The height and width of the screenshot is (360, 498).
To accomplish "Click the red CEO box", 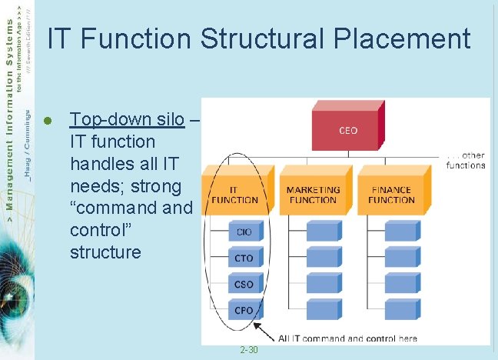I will click(x=347, y=129).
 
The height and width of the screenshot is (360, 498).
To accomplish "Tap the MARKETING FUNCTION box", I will click(x=313, y=192).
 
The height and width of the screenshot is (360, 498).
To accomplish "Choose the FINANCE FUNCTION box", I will click(x=390, y=192).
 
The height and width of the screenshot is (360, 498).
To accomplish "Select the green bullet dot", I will click(x=48, y=121).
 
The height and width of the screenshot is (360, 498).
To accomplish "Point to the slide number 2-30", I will click(x=248, y=350).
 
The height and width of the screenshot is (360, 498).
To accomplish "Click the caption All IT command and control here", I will click(x=348, y=338).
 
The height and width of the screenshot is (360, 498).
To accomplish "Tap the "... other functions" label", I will click(x=466, y=160).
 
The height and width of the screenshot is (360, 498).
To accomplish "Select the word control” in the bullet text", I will click(x=98, y=230).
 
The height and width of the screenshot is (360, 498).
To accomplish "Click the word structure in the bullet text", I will click(x=105, y=252).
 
